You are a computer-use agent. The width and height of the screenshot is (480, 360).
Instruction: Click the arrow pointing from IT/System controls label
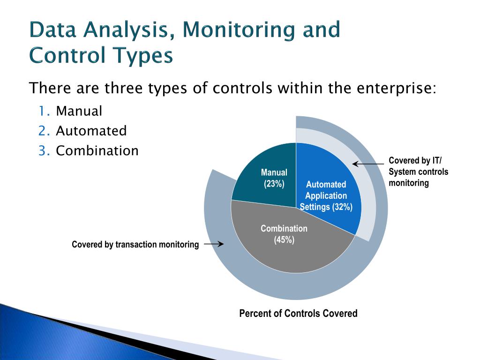368,164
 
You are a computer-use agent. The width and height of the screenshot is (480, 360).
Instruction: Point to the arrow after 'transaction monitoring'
214,244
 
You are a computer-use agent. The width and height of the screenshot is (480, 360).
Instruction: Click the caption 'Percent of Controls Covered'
298,314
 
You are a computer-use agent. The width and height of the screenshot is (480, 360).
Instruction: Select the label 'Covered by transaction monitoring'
135,245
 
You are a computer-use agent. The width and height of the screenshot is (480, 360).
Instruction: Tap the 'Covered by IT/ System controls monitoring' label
418,172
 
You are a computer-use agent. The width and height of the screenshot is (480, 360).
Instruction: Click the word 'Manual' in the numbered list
79,112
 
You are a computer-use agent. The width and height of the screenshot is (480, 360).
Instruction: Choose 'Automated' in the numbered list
91,131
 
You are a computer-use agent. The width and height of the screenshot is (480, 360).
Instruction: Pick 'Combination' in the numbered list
97,151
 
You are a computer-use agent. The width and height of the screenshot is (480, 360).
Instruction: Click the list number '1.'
44,112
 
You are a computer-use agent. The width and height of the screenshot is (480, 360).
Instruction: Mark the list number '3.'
44,151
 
